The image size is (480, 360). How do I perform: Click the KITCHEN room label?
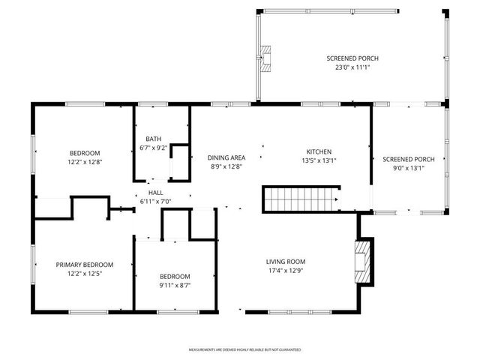(318, 151)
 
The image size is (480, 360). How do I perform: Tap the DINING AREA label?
(226, 157)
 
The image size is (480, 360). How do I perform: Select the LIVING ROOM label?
(285, 262)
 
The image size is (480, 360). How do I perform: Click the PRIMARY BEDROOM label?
(85, 265)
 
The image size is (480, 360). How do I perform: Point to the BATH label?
(153, 139)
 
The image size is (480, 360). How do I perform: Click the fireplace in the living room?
(362, 262)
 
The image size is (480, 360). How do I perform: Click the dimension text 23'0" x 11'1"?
(352, 67)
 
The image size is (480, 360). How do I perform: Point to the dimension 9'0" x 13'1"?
(409, 168)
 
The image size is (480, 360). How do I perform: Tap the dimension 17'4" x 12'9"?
(285, 271)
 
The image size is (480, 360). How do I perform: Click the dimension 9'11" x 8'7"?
(174, 285)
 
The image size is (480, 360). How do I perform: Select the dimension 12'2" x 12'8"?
(85, 160)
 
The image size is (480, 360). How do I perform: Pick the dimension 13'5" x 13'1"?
(318, 160)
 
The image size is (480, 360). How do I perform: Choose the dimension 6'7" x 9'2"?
(153, 148)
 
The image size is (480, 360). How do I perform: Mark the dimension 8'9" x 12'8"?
(226, 166)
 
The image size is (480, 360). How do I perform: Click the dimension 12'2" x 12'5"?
(85, 274)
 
